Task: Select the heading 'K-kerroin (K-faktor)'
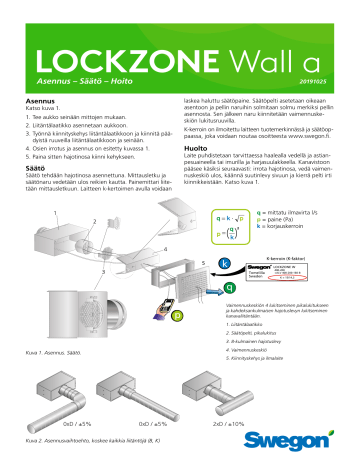(x=303, y=257)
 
